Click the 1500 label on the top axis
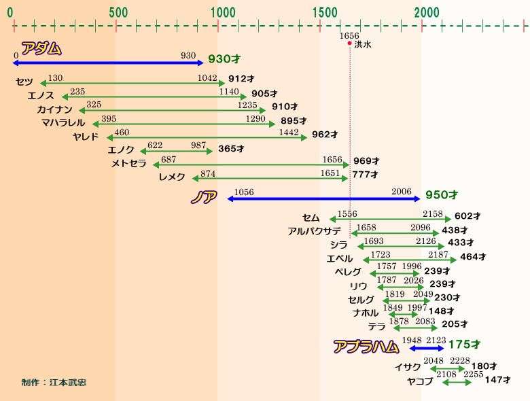point(325,12)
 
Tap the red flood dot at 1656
point(349,43)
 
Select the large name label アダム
point(41,49)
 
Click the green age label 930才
point(224,59)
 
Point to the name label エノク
point(121,150)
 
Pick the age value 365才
point(231,149)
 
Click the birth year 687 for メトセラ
point(169,159)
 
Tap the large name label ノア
point(203,197)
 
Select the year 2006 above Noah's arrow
point(401,192)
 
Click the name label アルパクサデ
point(314,231)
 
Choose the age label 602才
point(467,215)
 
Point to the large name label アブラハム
point(366,347)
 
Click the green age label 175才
point(464,345)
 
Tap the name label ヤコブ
point(420,381)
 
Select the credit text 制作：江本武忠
point(54,383)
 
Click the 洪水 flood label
point(363,44)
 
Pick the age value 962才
point(325,135)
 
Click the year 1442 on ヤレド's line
point(289,132)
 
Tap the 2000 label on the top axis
point(427,12)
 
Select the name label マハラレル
point(63,122)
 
